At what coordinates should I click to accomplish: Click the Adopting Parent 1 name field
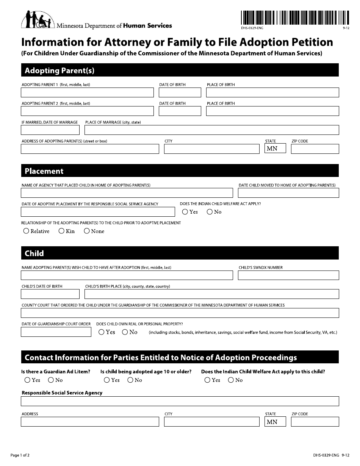[87, 92]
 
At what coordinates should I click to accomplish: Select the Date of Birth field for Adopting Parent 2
[180, 111]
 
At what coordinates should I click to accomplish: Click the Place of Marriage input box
[211, 130]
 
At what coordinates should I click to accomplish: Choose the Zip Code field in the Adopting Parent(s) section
[315, 149]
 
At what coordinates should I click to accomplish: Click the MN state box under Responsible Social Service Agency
[275, 422]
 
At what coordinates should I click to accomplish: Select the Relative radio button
[26, 231]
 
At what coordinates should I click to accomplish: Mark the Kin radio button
[61, 231]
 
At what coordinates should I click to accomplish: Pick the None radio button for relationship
[87, 231]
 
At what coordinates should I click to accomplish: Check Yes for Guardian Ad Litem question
[27, 380]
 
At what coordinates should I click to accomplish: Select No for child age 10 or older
[130, 380]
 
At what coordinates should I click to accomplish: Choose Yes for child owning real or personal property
[102, 332]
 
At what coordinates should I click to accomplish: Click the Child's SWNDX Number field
[288, 275]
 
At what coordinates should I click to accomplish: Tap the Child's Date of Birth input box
[50, 294]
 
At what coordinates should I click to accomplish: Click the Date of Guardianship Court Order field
[56, 332]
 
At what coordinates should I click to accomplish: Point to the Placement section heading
[44, 171]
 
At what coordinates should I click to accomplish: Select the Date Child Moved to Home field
[288, 193]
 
